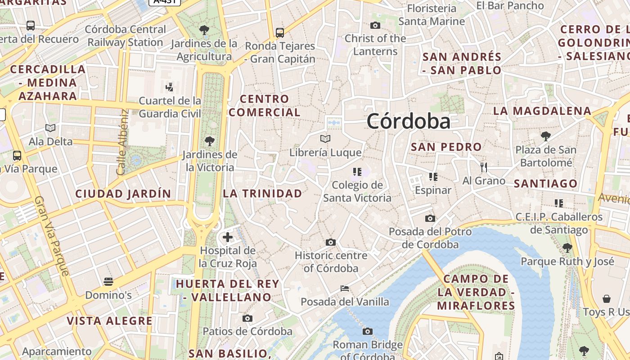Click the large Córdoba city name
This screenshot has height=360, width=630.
click(x=408, y=121)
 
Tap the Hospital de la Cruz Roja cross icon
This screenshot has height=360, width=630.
click(x=228, y=237)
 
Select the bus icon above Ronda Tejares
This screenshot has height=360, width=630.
click(x=280, y=32)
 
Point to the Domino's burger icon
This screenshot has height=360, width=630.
click(x=108, y=282)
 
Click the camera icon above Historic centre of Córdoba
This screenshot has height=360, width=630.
click(x=331, y=242)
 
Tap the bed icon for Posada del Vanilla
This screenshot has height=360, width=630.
click(x=345, y=288)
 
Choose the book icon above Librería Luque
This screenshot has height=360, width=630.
click(x=325, y=139)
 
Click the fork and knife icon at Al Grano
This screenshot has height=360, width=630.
click(x=484, y=167)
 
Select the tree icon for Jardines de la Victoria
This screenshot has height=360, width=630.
click(x=209, y=141)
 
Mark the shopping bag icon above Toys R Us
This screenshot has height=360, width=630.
click(x=607, y=298)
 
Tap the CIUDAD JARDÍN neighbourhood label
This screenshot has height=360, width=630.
click(x=123, y=194)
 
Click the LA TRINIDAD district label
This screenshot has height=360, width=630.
click(x=263, y=193)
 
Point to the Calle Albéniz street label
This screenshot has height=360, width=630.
click(x=122, y=142)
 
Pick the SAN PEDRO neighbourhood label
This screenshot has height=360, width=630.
click(x=446, y=147)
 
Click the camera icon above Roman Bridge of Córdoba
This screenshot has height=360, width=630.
click(x=368, y=332)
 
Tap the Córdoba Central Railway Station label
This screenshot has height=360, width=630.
click(x=125, y=36)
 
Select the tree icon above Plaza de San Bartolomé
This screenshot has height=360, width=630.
click(x=546, y=136)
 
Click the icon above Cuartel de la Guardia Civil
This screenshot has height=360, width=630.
click(x=170, y=87)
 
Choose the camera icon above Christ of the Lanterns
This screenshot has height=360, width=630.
click(x=375, y=25)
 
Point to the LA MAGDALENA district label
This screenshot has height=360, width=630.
click(x=542, y=111)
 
